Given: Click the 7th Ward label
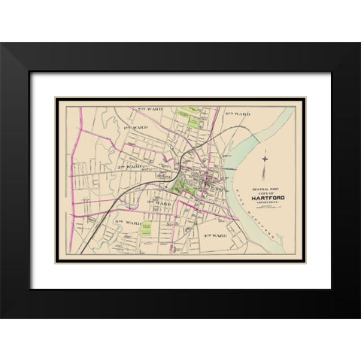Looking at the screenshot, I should (150, 110).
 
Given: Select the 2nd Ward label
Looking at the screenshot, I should (130, 166).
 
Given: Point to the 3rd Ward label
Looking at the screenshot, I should (159, 203).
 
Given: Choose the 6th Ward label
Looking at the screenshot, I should (128, 223).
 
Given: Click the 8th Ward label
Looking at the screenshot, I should (237, 113).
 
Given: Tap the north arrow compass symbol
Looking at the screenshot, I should (265, 159).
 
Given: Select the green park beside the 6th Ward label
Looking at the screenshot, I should (147, 227).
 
